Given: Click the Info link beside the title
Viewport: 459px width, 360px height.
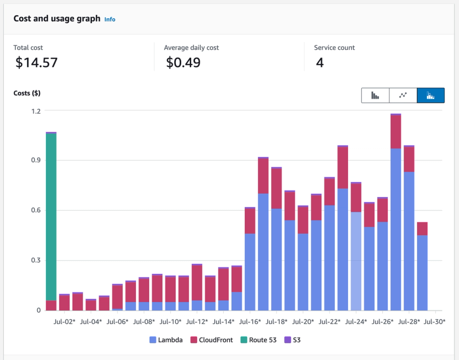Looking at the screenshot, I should (x=110, y=20).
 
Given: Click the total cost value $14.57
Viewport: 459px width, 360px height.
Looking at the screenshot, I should (x=36, y=63).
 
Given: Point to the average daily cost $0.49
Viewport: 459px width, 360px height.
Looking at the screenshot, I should (x=183, y=63).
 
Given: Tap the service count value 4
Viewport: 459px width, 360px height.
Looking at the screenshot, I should (x=320, y=63).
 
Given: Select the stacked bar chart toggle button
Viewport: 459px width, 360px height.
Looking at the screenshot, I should (x=431, y=96).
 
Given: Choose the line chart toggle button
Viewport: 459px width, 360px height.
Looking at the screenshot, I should (x=403, y=96).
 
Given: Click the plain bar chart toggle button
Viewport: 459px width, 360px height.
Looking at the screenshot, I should (x=375, y=96).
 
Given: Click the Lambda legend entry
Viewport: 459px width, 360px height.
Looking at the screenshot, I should (x=166, y=340).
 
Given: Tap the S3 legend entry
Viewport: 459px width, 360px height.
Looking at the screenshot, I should (x=292, y=340).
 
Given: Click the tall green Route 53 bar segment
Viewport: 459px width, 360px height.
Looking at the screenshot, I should (x=51, y=215).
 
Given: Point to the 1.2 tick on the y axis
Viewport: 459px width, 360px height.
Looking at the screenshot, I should (x=36, y=110).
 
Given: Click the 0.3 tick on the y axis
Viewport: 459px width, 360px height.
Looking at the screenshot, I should (x=36, y=261).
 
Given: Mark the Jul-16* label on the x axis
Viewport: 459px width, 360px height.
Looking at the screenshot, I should (x=250, y=322).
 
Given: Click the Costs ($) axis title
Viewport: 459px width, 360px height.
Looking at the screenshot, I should (x=27, y=93).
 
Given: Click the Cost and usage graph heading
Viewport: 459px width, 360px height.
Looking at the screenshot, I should (x=57, y=19).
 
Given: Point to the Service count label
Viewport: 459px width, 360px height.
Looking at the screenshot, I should (x=334, y=48).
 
